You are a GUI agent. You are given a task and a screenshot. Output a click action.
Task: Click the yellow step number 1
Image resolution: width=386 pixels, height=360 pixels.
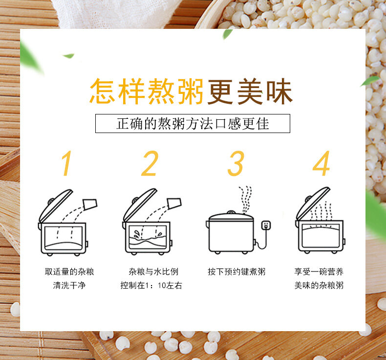click(x=66, y=163)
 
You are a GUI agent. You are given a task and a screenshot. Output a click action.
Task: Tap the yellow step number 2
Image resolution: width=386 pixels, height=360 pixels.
click(x=150, y=163)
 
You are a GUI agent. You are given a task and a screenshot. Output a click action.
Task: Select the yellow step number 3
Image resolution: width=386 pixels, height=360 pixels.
click(x=236, y=163)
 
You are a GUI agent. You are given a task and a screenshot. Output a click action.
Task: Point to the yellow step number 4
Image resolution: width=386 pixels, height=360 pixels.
click(x=321, y=163)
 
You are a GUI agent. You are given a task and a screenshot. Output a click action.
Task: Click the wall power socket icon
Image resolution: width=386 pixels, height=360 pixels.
click(x=266, y=225)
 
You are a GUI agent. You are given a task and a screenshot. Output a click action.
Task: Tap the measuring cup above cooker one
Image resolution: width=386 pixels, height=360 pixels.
click(x=90, y=204)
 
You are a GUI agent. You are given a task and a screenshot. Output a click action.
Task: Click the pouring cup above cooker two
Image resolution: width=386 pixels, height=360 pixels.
click(x=174, y=203)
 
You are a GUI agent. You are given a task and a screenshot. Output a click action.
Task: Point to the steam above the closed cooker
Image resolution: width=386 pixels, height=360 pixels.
click(x=245, y=199)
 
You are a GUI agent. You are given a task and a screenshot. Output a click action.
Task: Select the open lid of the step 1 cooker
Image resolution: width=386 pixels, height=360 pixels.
click(x=55, y=206)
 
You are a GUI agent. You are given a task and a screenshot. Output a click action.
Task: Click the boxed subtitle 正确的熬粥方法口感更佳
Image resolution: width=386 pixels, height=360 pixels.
click(x=193, y=123)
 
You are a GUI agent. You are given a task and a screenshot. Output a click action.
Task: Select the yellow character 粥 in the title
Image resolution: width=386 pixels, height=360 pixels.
click(x=191, y=91)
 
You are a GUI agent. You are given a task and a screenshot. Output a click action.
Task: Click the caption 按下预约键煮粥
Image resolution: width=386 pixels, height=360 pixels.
click(x=236, y=272)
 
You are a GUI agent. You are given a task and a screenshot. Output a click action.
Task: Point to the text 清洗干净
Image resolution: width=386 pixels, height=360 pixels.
click(x=69, y=285)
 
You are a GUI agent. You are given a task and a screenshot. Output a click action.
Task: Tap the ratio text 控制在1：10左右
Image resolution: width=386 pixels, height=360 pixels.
click(x=151, y=285)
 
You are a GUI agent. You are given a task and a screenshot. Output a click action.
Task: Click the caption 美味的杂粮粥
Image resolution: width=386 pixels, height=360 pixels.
click(x=319, y=285)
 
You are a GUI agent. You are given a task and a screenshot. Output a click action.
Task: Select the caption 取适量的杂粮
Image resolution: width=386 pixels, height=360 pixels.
click(x=69, y=272)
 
